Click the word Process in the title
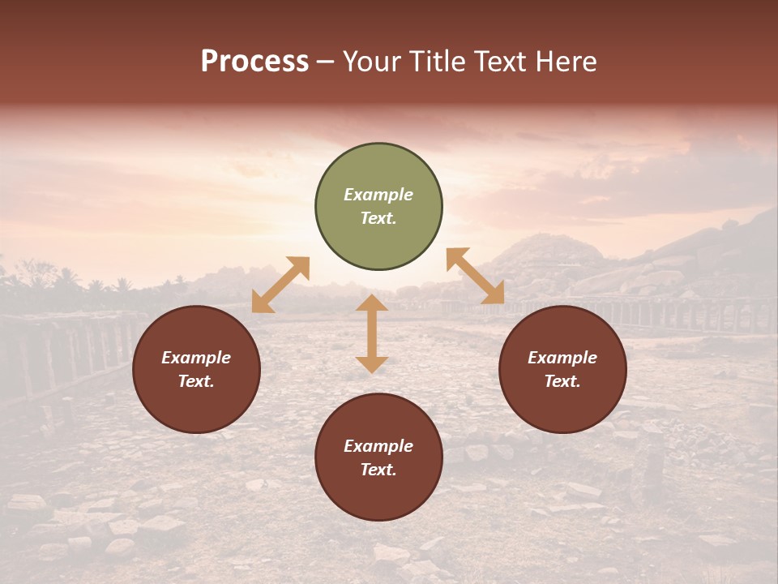254,62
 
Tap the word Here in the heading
564,62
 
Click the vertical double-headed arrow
372,333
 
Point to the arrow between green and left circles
280,285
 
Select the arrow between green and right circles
475,276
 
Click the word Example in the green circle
378,195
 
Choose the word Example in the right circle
562,358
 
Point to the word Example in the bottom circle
378,446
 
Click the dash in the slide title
325,62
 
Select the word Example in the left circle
196,358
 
